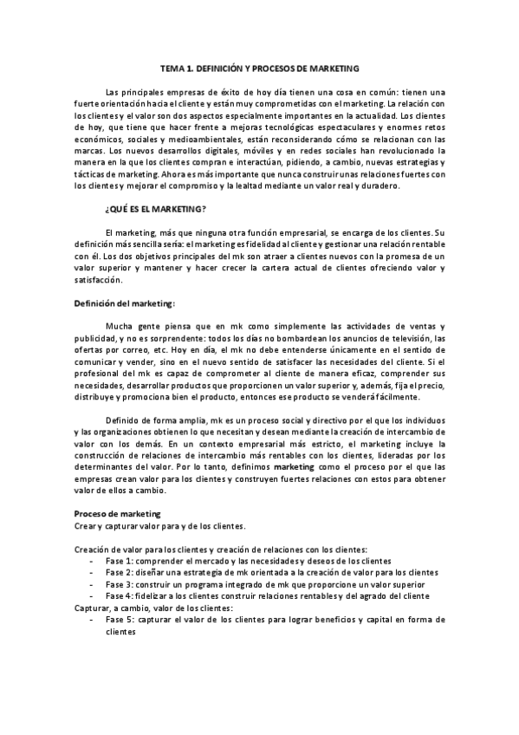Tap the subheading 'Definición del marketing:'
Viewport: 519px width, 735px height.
point(125,302)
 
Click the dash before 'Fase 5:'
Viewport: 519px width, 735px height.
point(93,620)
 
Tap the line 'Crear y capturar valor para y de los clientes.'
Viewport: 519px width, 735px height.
point(160,525)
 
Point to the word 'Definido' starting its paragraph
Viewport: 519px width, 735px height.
point(124,420)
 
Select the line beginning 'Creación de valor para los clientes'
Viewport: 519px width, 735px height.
point(221,550)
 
